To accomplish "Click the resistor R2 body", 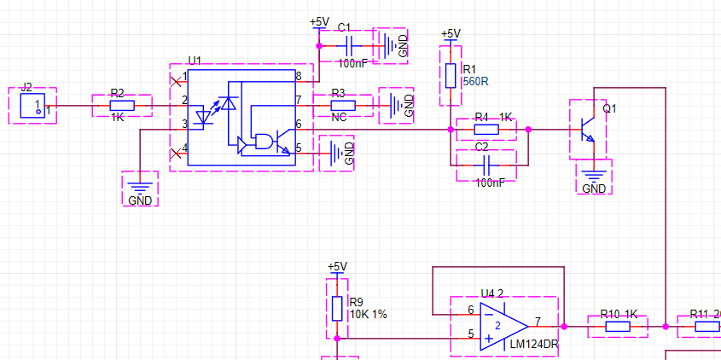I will coord(122,106).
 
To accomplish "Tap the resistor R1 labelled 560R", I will coord(451,76).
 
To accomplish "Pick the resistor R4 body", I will coord(486,130).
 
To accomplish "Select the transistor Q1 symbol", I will coord(587,128).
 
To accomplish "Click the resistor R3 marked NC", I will coord(342,105).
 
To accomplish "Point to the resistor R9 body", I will coord(337,307).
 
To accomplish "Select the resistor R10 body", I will coord(618,325).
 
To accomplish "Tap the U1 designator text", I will coord(195,61).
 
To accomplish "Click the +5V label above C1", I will coord(318,21).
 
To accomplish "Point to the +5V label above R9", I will coord(337,266).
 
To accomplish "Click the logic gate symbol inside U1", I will coord(266,142).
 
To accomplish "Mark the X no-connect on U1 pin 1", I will coord(177,81).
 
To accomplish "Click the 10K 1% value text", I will coord(368,314).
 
